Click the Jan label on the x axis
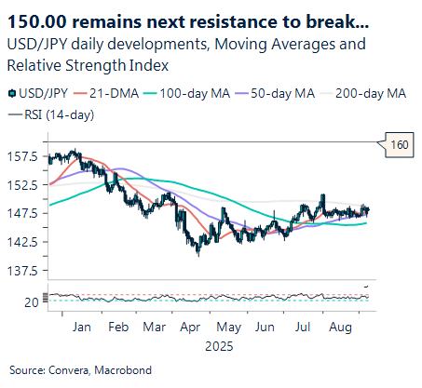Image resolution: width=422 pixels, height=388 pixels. coord(82,327)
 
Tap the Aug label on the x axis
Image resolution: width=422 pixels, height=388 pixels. coord(339,327)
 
